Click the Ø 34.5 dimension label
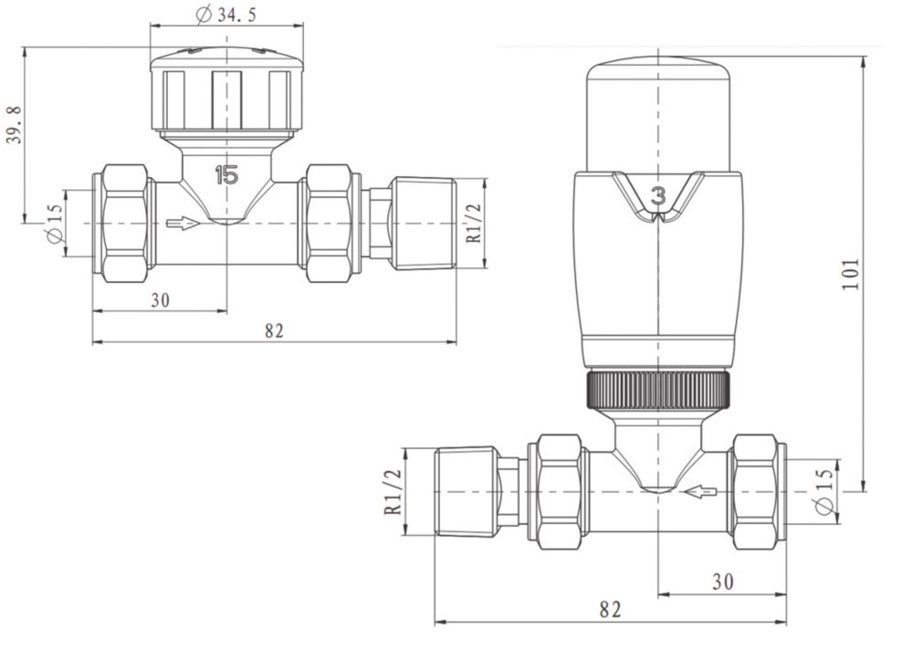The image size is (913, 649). tap(226, 15)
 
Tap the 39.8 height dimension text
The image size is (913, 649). tap(14, 124)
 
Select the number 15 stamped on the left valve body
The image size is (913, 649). tap(226, 174)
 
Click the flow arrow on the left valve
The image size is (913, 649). tap(183, 223)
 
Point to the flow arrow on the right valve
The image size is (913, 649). tap(700, 492)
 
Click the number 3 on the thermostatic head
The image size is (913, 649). tap(658, 196)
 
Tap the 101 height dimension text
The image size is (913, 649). tap(851, 274)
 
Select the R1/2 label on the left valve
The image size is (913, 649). tap(475, 224)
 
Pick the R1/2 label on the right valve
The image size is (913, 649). tap(394, 492)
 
